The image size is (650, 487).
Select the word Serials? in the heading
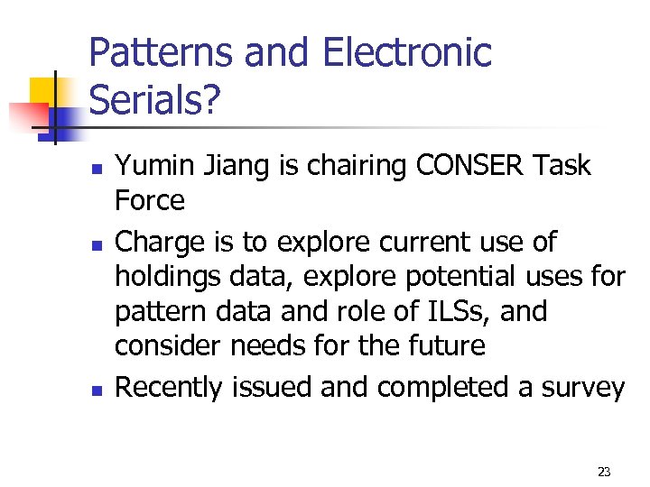point(154,102)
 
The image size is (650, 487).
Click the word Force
point(150,199)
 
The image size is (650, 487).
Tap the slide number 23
point(604,472)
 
